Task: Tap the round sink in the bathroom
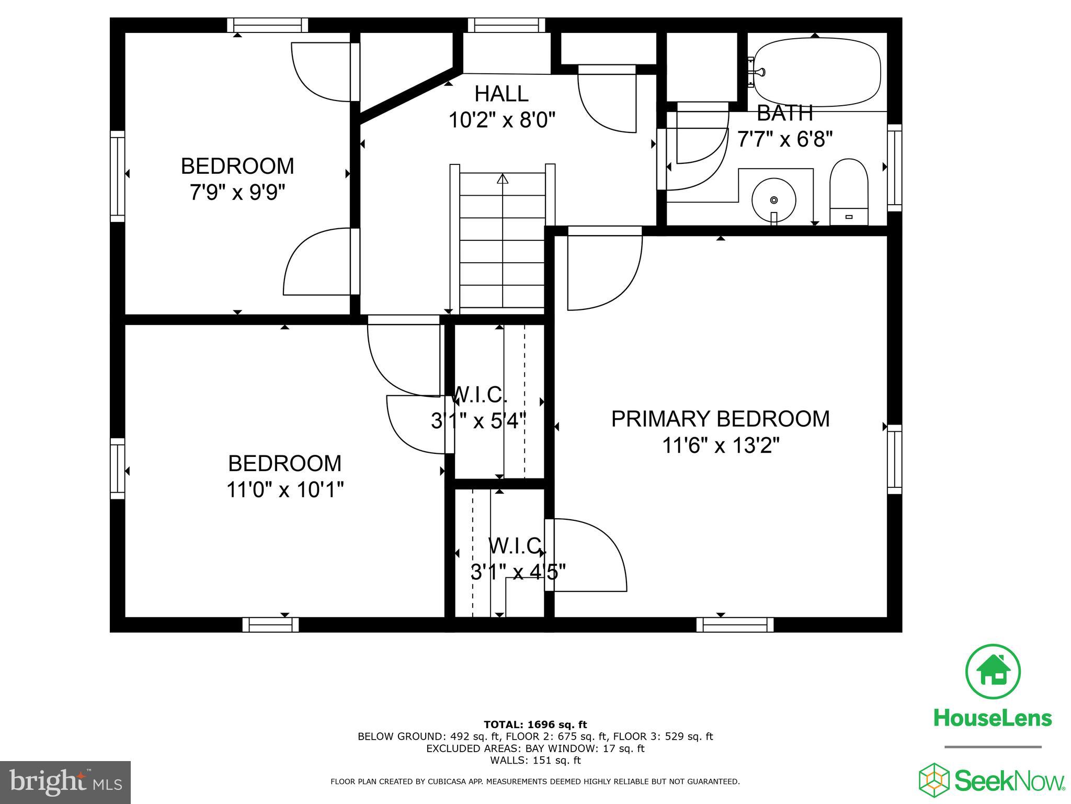774,200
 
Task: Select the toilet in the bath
849,192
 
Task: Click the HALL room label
502,94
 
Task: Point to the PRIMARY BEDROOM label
720,419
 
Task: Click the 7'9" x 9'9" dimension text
237,193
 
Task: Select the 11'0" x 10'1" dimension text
285,490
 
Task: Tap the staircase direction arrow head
503,179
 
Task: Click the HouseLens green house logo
993,672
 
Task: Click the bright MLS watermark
65,782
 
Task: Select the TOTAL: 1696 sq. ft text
535,724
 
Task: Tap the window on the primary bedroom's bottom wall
735,624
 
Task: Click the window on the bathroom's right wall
895,167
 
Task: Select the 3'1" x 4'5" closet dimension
518,572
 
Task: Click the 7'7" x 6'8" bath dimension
784,139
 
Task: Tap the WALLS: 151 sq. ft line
535,761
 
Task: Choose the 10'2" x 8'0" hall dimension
502,120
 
